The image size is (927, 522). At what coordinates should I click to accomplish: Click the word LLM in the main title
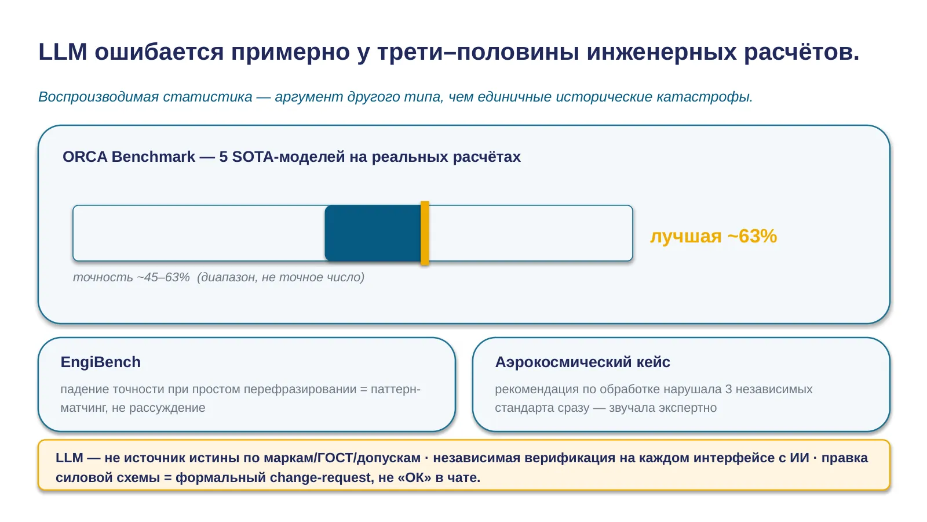click(x=63, y=52)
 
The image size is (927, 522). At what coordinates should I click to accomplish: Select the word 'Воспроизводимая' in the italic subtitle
click(x=98, y=97)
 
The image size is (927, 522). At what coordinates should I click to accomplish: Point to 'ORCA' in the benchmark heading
click(x=85, y=157)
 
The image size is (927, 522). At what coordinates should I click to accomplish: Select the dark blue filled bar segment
click(x=373, y=233)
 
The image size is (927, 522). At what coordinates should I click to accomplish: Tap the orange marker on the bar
click(x=425, y=233)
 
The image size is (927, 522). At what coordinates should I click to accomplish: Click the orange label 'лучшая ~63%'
click(x=713, y=236)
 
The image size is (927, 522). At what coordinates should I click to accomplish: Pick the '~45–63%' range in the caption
click(x=163, y=277)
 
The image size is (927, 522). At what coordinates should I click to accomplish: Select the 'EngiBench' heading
click(x=101, y=362)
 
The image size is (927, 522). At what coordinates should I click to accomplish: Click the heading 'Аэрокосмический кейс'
click(x=582, y=362)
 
